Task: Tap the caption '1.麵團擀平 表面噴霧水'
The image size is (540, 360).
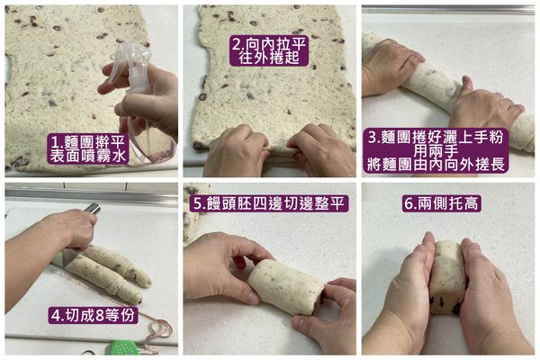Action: point(90,148)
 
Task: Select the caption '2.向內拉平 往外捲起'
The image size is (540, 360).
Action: point(269,49)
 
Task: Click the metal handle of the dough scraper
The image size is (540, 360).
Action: point(92,209)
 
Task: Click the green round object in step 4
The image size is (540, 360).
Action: point(124,347)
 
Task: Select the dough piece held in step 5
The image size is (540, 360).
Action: point(282,286)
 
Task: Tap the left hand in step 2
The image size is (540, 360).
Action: point(235,149)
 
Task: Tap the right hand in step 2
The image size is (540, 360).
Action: point(319,149)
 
